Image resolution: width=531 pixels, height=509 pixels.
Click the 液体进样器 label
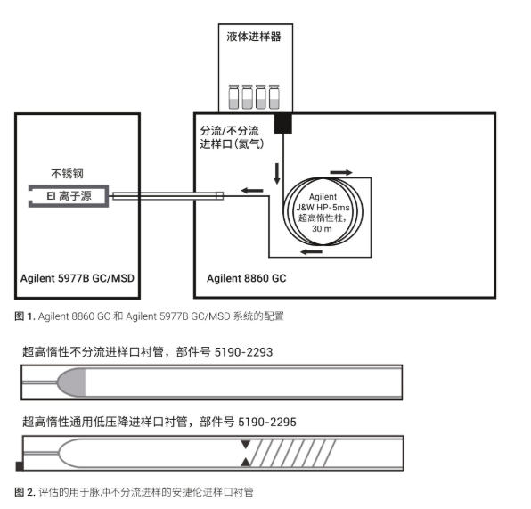pos(254,37)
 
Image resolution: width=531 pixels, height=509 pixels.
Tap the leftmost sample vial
pos(233,97)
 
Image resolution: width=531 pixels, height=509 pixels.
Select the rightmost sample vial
pos(274,97)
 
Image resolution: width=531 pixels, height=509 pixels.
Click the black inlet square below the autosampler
pos(283,123)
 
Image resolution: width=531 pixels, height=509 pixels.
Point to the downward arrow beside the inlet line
pos(277,174)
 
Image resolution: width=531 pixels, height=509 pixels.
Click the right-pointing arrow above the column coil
pos(341,173)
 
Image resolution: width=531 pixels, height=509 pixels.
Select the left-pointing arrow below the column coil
pos(312,251)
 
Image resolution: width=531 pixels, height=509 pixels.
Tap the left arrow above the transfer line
pos(252,191)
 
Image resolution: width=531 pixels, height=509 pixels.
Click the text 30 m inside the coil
pos(322,229)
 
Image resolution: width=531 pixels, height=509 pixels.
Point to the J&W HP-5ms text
pos(323,208)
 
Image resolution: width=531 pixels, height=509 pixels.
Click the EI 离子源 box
pos(69,196)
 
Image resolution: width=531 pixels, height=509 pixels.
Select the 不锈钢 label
pos(67,174)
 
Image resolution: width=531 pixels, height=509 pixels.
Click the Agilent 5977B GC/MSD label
pos(78,278)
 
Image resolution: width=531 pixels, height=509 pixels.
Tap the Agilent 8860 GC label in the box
pos(247,278)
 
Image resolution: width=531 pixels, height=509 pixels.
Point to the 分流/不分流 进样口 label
pos(232,137)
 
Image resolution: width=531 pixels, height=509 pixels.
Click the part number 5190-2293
pos(243,352)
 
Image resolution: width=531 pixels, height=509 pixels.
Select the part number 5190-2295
pos(267,422)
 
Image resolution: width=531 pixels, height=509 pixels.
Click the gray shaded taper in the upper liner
pos(73,382)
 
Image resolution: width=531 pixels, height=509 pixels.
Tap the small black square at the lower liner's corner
pos(20,466)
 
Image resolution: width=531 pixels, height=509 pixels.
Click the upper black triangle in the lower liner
pos(246,444)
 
